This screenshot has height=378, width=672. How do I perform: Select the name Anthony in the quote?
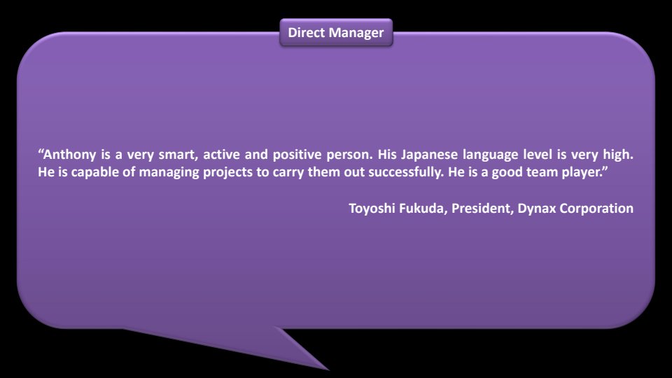coord(69,154)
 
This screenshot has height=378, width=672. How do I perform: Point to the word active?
coord(221,154)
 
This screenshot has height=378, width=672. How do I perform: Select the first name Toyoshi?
coord(372,209)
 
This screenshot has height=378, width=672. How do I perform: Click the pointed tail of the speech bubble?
coord(328,370)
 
